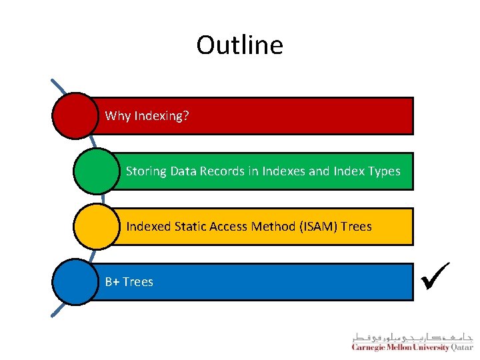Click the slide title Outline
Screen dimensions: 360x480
239,45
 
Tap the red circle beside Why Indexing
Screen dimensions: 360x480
75,115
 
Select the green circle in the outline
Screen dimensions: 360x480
96,171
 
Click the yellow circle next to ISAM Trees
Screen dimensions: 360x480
96,226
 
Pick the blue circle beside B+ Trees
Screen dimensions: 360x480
75,281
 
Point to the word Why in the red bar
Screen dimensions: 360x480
117,116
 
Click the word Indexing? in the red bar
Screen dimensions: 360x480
161,116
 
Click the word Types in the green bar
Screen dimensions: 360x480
383,171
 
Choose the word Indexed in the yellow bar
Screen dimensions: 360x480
149,227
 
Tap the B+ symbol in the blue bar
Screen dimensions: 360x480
112,282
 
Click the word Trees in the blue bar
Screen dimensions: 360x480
138,282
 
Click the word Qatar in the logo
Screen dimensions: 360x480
462,347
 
